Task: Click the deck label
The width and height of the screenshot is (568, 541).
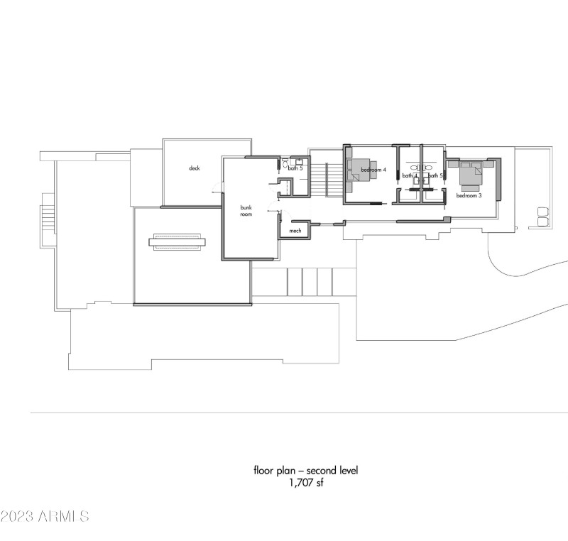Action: click(194, 168)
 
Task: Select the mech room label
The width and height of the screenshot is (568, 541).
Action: click(295, 231)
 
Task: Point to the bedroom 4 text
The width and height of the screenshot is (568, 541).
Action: click(373, 170)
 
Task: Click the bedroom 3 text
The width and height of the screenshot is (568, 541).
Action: click(469, 195)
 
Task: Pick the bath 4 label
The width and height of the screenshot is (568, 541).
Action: click(410, 175)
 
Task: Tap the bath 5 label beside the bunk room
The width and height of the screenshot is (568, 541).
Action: click(295, 168)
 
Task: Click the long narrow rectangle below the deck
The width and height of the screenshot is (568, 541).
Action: click(176, 242)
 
